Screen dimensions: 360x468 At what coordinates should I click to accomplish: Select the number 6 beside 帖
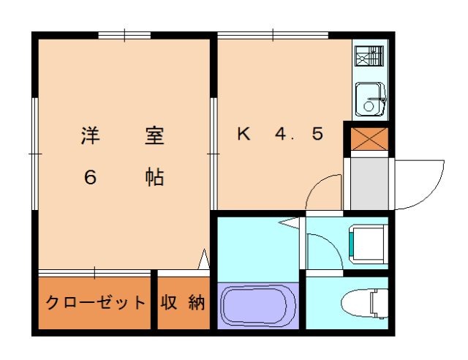pyautogui.click(x=89, y=178)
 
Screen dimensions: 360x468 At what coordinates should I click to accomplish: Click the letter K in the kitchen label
pyautogui.click(x=244, y=135)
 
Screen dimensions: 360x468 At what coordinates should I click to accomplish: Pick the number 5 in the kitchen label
pyautogui.click(x=317, y=135)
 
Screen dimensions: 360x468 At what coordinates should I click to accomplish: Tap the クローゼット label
pyautogui.click(x=95, y=302)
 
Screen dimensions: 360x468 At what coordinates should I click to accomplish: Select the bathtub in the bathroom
pyautogui.click(x=254, y=307)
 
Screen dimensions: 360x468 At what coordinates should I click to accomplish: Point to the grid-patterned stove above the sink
pyautogui.click(x=369, y=56)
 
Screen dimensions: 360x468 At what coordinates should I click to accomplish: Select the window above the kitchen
pyautogui.click(x=273, y=34)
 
